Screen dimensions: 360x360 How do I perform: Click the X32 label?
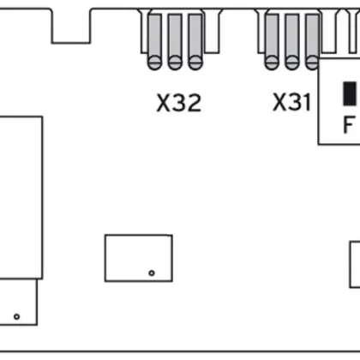pos(178,104)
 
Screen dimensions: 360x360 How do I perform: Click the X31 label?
pos(291,104)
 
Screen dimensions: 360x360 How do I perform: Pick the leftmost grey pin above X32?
pos(155,39)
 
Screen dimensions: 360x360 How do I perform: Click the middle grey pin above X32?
pos(175,39)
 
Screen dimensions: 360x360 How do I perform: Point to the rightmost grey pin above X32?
pos(195,39)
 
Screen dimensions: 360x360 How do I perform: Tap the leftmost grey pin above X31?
pos(272,39)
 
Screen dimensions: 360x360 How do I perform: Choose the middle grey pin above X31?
pos(291,39)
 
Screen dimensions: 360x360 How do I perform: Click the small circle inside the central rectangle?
pos(152,273)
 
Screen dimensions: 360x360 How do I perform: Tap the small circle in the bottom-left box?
pos(16,316)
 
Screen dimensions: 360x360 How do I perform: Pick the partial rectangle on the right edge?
pos(354,266)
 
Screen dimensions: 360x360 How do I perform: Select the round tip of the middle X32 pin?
pos(175,63)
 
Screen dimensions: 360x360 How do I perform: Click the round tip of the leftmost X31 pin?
pos(272,62)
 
